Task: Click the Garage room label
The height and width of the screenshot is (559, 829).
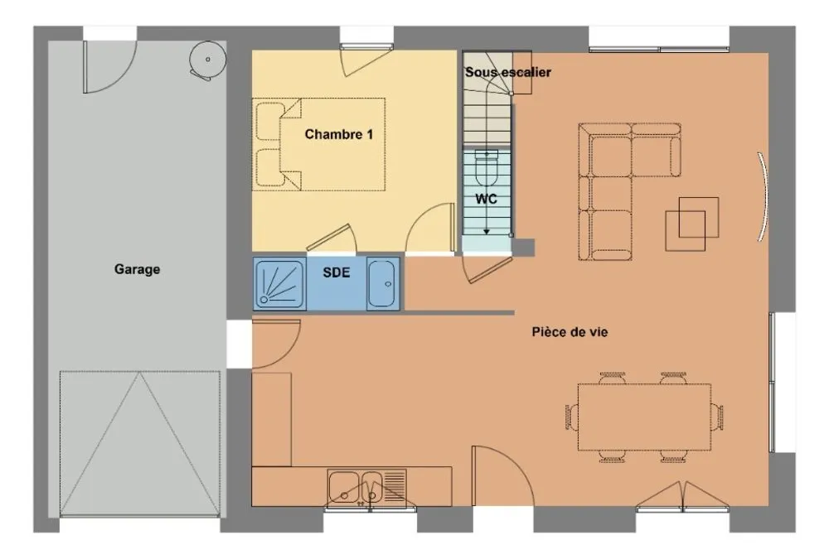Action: [x=137, y=269]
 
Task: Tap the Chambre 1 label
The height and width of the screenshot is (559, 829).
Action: [x=339, y=134]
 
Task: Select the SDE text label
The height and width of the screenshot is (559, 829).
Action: [x=337, y=272]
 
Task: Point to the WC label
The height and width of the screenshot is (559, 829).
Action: [x=486, y=200]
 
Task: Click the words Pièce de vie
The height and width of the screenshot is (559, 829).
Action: [x=570, y=332]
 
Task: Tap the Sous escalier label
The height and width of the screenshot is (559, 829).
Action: [x=508, y=72]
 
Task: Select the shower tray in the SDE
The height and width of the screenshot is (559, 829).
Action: [x=279, y=284]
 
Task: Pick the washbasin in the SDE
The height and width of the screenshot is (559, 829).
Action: [x=383, y=284]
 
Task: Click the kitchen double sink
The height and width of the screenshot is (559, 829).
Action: [x=367, y=488]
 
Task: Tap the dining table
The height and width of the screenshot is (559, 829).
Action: [x=644, y=417]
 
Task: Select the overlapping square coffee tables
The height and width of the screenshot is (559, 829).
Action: [x=691, y=224]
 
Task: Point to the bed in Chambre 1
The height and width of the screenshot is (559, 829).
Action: [x=318, y=144]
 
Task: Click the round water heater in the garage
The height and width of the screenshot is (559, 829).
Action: [x=208, y=60]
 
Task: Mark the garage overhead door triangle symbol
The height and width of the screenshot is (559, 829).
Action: [x=140, y=443]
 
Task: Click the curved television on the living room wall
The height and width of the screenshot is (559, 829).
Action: [x=764, y=196]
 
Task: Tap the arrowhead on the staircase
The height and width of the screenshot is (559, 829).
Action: [x=487, y=231]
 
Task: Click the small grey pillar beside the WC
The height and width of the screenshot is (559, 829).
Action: [x=523, y=248]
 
